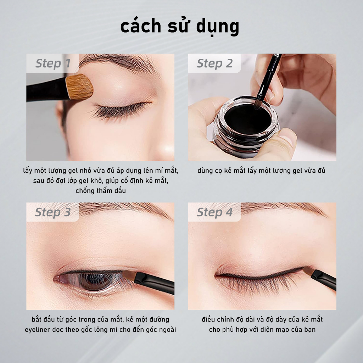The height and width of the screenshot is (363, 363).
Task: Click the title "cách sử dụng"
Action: tap(180, 27)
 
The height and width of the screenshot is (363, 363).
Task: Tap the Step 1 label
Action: tap(52, 64)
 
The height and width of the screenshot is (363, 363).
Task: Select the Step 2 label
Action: tap(214, 64)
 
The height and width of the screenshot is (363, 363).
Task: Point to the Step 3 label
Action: tap(52, 212)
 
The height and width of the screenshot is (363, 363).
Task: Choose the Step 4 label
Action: tap(214, 212)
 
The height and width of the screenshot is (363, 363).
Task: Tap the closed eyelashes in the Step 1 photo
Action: tap(117, 110)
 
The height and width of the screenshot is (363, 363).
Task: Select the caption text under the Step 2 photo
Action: tap(262, 171)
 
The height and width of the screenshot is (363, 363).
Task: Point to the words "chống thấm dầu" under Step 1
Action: tap(101, 191)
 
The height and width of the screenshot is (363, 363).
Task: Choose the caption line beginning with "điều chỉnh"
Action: tap(262, 319)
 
